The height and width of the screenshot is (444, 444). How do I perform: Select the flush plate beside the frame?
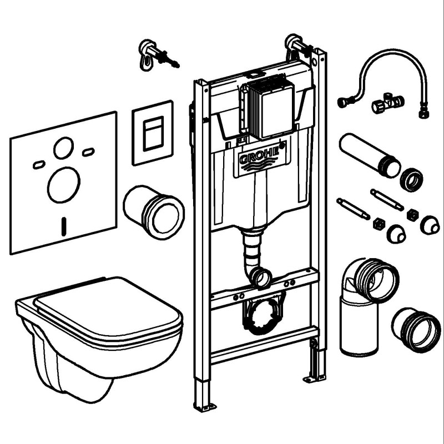click(153, 133)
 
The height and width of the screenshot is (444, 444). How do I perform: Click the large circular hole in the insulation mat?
click(64, 185)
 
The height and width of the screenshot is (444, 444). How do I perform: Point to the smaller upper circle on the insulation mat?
click(63, 148)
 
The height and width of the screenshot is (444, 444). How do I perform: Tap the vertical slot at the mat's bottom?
click(64, 226)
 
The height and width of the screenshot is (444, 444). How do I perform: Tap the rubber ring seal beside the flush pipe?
click(411, 180)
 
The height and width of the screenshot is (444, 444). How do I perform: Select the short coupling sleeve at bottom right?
click(416, 330)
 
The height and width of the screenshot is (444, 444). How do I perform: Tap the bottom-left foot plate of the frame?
click(204, 407)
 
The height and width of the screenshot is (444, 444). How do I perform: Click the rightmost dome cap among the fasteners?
click(430, 225)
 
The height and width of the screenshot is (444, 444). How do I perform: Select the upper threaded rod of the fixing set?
click(387, 199)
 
